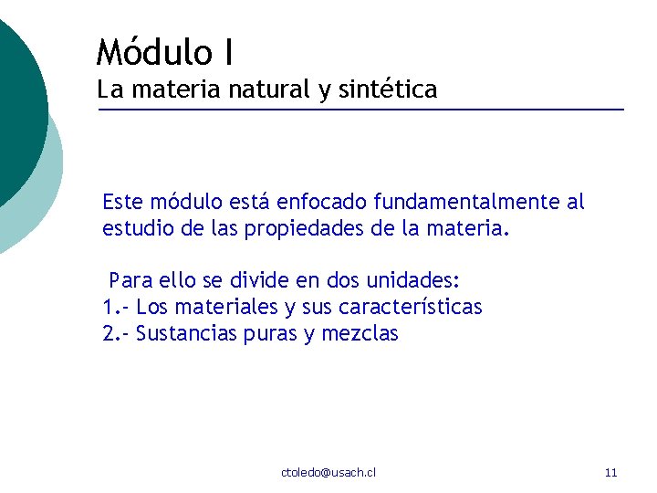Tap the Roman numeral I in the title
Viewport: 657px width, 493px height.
pos(225,51)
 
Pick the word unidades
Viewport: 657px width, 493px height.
pos(414,278)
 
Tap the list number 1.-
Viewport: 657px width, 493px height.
pos(116,306)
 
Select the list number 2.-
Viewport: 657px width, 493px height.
pos(116,333)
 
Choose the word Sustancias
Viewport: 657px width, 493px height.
pos(186,333)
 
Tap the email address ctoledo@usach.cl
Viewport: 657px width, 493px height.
pos(328,472)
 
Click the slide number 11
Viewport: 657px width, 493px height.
pos(610,472)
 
